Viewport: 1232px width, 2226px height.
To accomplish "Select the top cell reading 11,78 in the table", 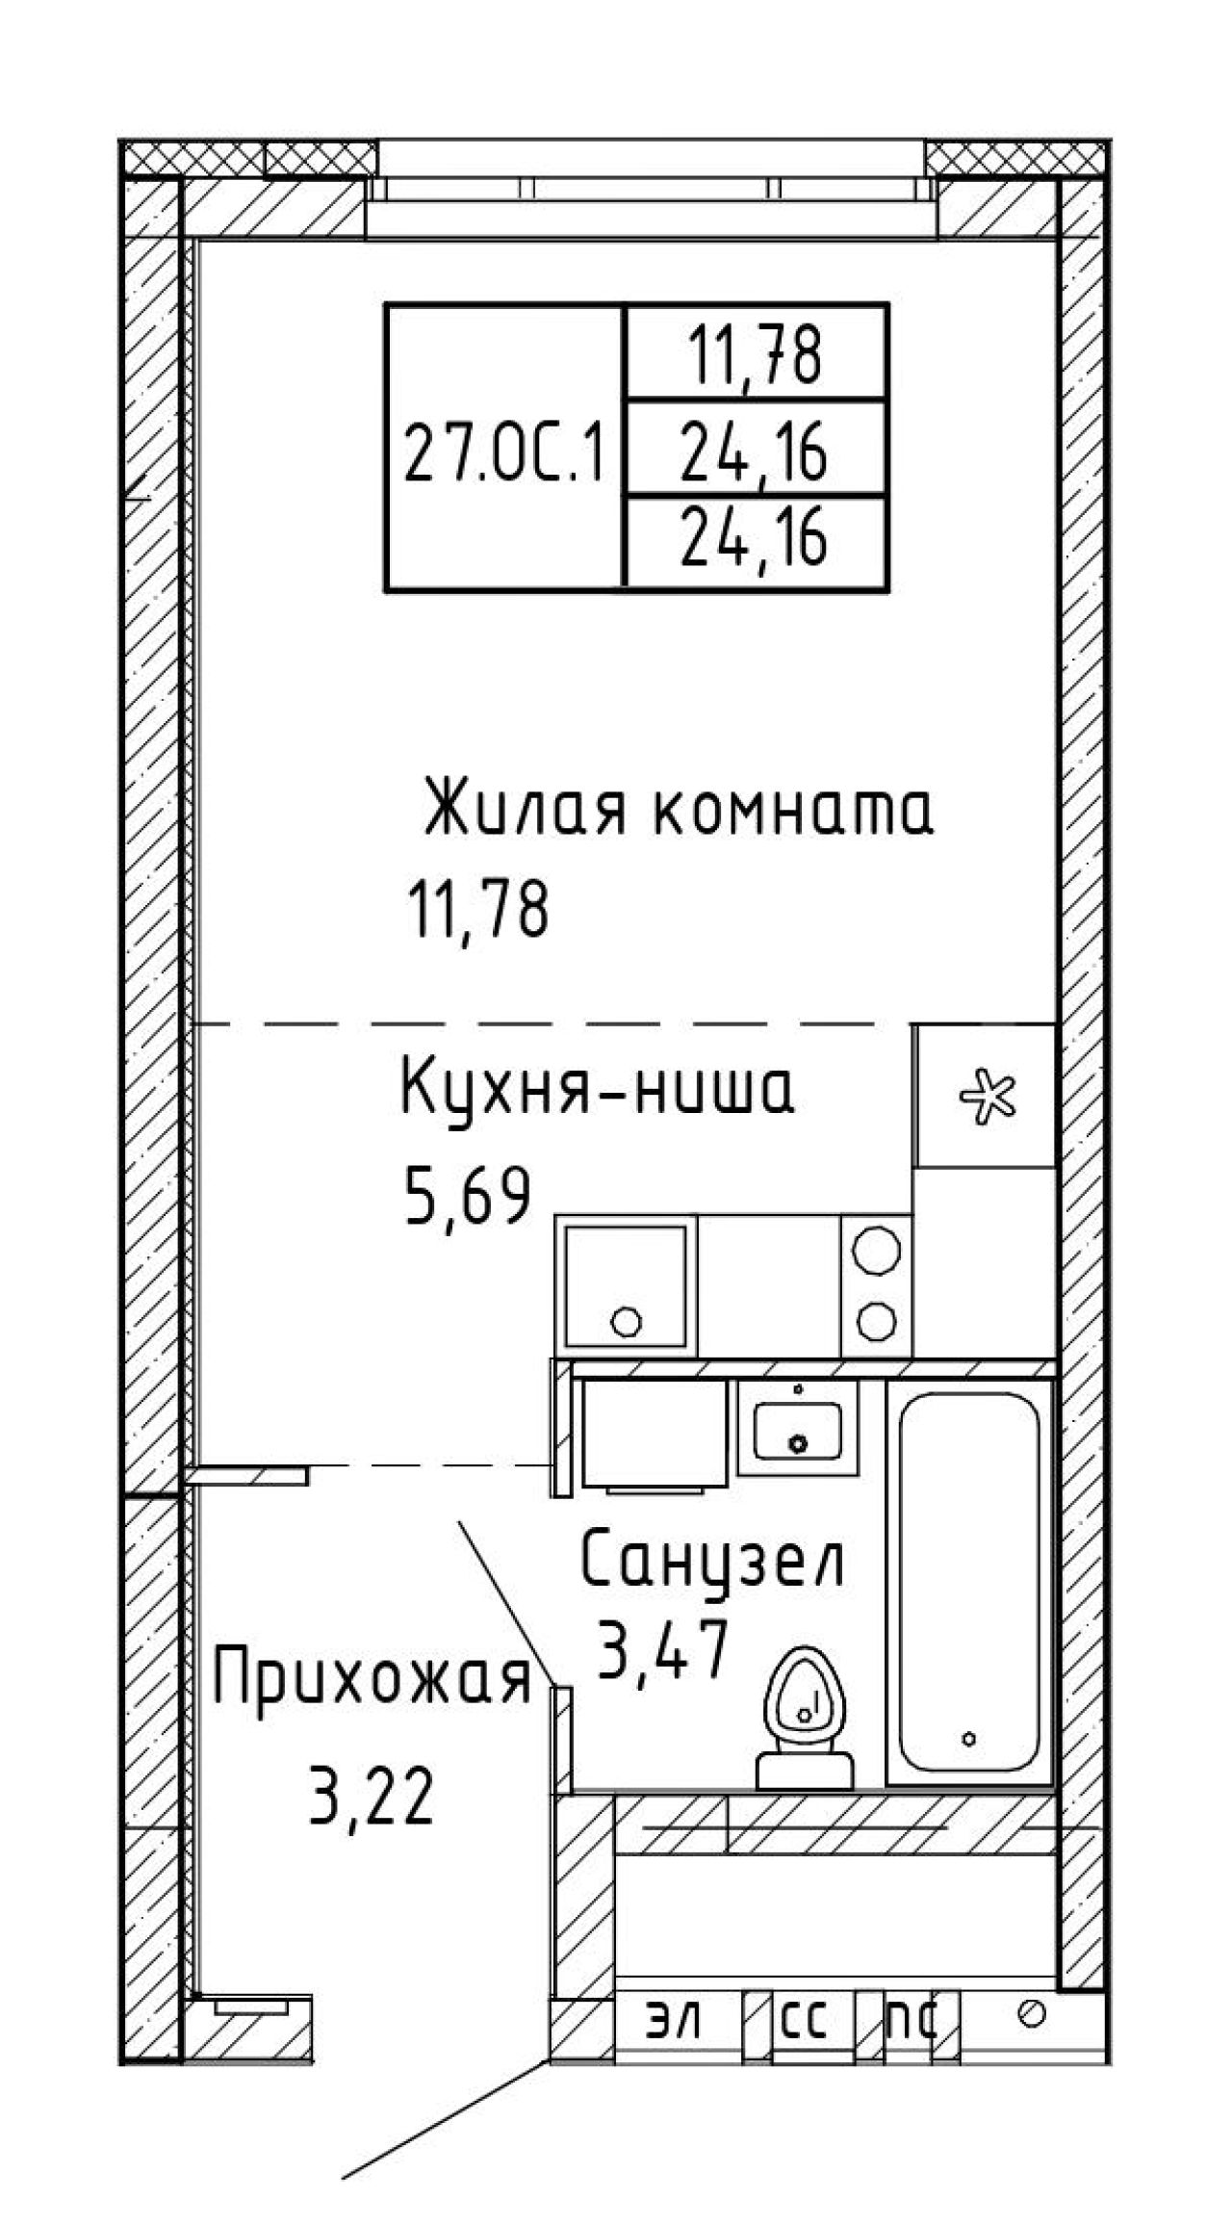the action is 755,355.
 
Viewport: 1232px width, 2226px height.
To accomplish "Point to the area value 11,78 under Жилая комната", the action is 478,910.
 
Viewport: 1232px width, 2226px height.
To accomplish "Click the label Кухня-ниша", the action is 598,1091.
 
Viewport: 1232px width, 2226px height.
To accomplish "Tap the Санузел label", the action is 712,1561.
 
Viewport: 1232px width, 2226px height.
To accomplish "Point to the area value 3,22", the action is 371,1797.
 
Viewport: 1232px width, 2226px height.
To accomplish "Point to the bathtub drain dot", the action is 969,1738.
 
